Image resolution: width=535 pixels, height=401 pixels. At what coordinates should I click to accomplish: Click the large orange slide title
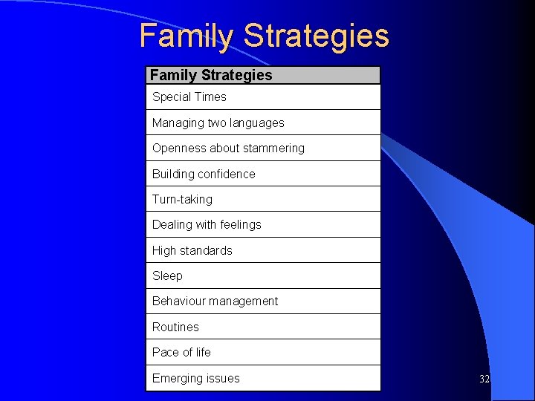coord(264,36)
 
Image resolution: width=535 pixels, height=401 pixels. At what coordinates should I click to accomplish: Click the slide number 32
coord(484,379)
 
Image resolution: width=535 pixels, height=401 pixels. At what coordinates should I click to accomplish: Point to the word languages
coord(258,123)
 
